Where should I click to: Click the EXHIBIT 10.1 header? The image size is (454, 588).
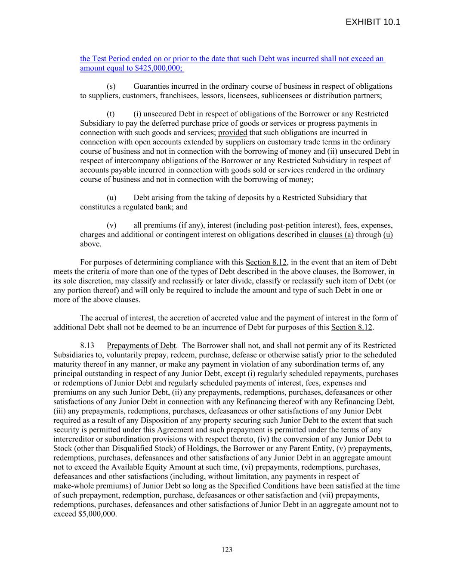point(373,22)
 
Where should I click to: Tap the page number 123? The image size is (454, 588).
point(227,549)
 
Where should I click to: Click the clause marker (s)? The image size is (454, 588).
point(111,87)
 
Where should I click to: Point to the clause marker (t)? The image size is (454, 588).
point(111,114)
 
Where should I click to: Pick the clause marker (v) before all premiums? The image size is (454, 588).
point(111,225)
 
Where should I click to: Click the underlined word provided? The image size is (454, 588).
point(232,133)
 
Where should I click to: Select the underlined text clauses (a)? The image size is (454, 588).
point(336,235)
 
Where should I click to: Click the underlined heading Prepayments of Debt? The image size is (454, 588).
point(141,345)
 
